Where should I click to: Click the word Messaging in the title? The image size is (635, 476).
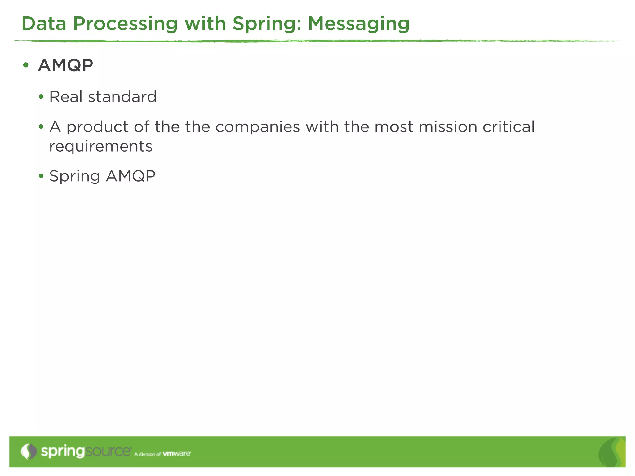pos(358,24)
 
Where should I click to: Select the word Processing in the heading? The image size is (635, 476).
pos(125,24)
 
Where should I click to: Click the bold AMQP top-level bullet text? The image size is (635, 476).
pos(65,65)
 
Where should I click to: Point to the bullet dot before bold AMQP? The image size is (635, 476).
pos(26,65)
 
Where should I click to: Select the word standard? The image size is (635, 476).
pos(122,97)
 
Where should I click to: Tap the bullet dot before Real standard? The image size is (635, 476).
pos(41,97)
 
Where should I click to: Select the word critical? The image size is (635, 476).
pos(508,127)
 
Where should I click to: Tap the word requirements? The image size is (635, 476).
pos(101,146)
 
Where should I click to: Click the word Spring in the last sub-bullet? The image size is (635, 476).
pos(74,177)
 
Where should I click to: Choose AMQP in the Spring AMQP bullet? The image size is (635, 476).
pos(131,176)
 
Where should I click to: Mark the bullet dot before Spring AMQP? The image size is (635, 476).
pos(41,176)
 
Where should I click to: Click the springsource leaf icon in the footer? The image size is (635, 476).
pos(29,452)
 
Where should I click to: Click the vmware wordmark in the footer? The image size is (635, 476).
pos(177,454)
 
